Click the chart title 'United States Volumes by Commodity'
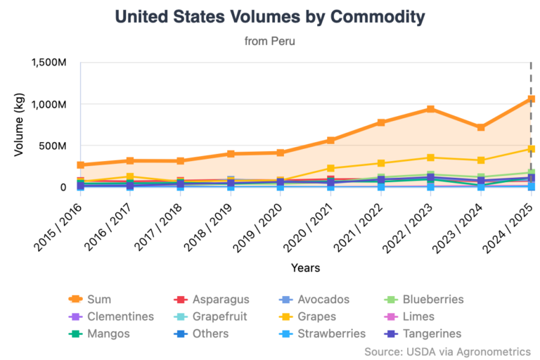269,16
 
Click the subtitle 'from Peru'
269,41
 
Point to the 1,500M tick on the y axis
49,63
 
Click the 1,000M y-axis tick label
49,104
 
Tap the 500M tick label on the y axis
53,146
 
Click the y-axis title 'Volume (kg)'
19,124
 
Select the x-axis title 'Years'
305,268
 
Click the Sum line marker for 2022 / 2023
430,109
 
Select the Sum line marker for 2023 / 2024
481,127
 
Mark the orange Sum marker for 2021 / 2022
380,122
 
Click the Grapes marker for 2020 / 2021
330,168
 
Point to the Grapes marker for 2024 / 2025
531,149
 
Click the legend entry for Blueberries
424,300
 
